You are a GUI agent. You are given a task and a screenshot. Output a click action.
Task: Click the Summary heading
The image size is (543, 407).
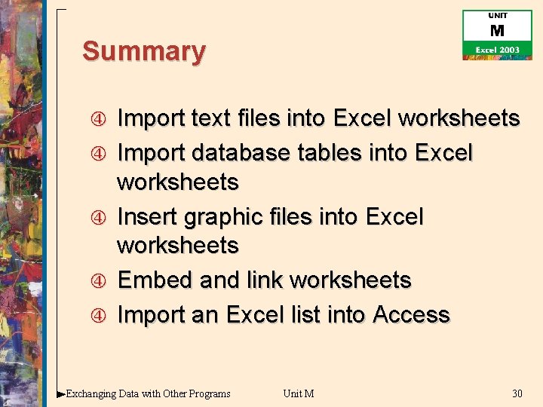click(143, 52)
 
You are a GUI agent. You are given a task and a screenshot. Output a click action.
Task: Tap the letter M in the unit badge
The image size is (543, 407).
click(497, 31)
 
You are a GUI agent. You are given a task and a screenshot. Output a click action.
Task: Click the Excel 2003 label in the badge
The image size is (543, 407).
click(497, 50)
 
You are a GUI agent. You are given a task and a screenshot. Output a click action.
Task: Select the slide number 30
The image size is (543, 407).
click(517, 393)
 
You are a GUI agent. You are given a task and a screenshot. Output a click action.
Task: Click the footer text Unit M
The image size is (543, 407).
click(299, 393)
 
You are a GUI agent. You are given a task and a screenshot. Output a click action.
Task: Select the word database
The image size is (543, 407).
click(241, 153)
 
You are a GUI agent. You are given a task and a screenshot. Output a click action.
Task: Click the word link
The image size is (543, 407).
click(264, 280)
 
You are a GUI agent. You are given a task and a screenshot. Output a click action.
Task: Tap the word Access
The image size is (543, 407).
click(411, 314)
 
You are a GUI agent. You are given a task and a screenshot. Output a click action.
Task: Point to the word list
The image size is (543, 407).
click(306, 314)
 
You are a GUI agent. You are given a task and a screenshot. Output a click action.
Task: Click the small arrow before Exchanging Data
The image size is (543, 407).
click(61, 393)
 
